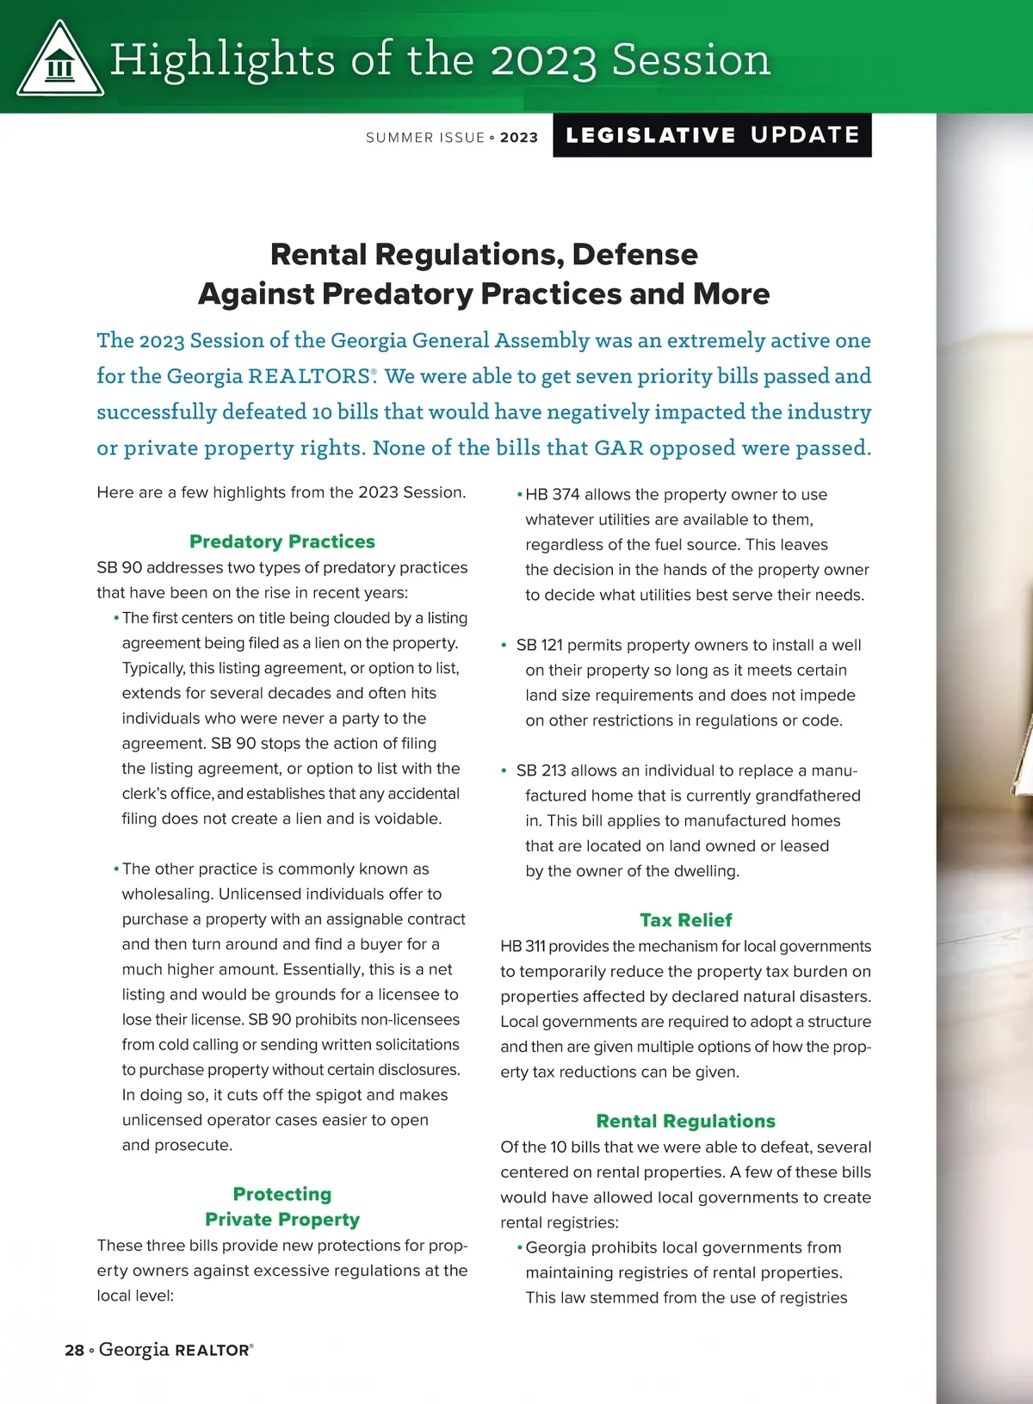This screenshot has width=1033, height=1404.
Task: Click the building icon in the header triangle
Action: [59, 66]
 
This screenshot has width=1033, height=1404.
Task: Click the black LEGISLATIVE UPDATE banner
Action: [712, 135]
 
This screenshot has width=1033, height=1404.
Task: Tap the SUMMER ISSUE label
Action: [425, 138]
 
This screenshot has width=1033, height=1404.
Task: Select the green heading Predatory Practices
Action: [282, 541]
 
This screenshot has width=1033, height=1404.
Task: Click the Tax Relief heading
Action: [686, 920]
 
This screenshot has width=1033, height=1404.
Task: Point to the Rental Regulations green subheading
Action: [686, 1121]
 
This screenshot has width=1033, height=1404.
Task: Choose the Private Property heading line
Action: [282, 1220]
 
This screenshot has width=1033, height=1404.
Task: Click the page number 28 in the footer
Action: [74, 1351]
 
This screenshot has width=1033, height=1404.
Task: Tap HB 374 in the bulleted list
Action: [553, 495]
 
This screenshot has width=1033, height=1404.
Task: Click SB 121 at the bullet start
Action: [539, 646]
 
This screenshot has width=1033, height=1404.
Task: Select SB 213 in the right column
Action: [541, 770]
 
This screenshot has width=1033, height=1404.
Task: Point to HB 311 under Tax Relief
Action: [523, 947]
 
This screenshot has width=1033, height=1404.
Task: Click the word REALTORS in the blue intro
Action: [309, 377]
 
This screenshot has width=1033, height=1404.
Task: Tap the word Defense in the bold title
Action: [634, 255]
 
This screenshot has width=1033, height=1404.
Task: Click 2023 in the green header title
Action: [543, 61]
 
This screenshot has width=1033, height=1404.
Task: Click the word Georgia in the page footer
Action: [133, 1350]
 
